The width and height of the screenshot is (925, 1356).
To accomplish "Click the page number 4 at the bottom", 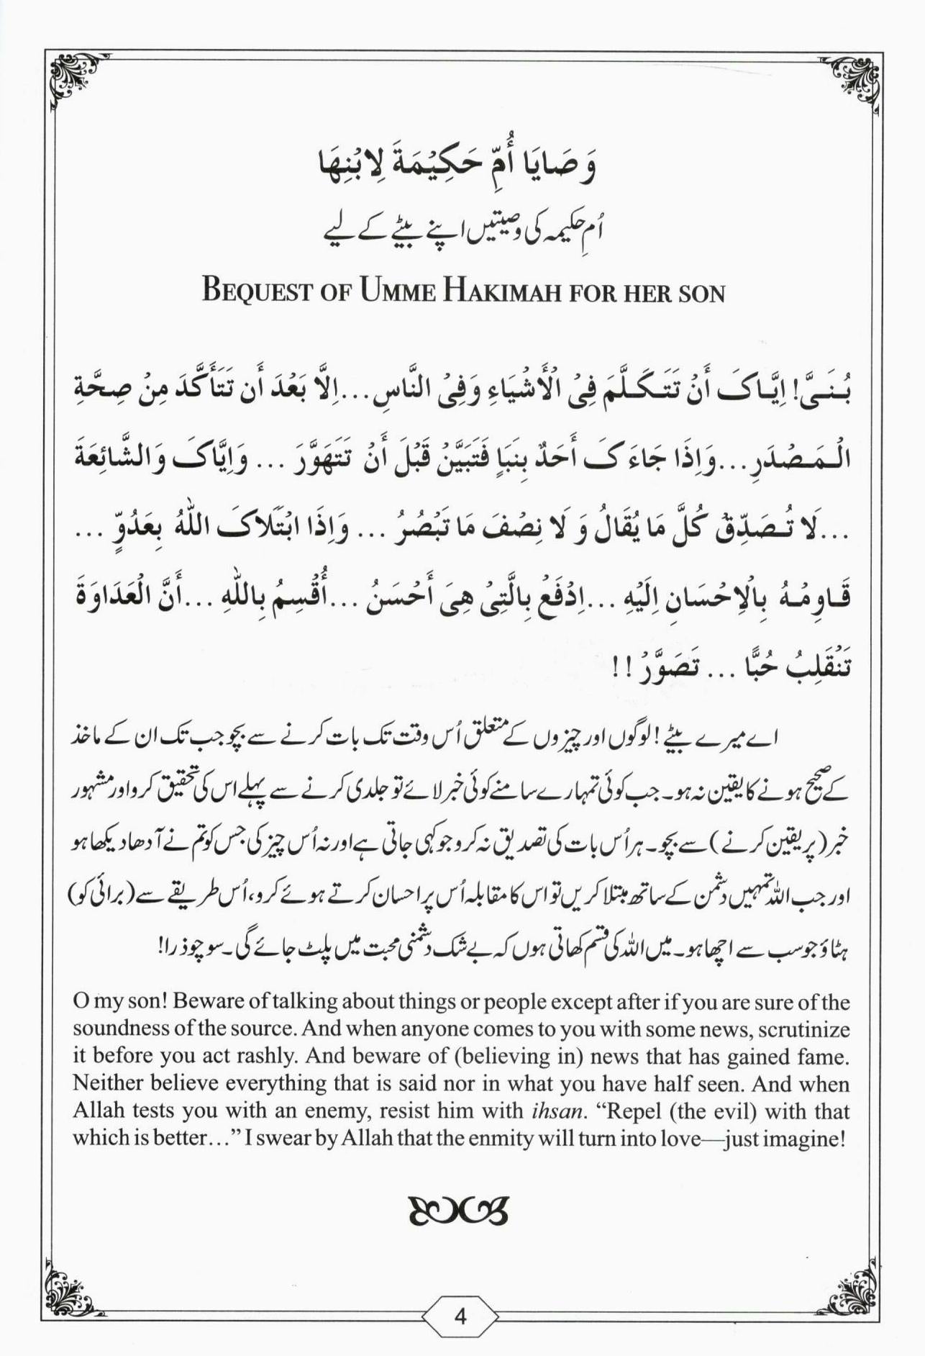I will click(461, 1316).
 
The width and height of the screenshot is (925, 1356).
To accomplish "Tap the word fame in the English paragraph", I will click(826, 1057).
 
